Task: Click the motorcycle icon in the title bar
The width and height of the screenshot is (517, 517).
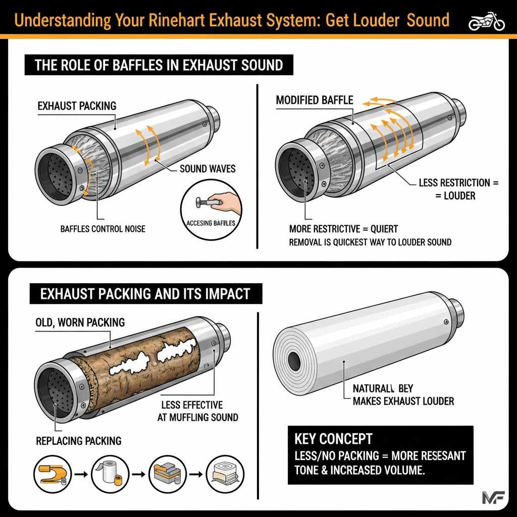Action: click(487, 21)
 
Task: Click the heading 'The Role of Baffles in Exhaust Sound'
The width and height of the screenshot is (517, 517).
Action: click(159, 65)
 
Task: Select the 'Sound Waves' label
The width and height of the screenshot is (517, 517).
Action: click(208, 168)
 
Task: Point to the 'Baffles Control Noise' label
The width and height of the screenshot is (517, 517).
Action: click(102, 229)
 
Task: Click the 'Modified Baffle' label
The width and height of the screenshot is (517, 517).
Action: click(315, 100)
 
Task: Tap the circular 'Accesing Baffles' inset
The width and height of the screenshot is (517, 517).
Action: click(209, 207)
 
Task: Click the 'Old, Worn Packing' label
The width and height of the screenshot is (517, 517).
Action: click(80, 322)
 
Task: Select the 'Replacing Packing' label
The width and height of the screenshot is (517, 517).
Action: click(79, 441)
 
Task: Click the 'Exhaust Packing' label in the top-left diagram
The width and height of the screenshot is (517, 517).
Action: click(77, 106)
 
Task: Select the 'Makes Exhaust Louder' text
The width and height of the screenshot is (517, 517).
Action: click(402, 401)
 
